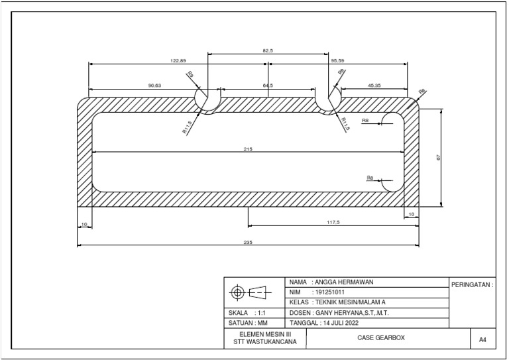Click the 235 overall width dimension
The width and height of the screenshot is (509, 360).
click(x=248, y=243)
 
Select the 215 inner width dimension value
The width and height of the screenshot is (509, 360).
click(x=248, y=149)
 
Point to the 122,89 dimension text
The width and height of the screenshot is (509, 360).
click(x=178, y=61)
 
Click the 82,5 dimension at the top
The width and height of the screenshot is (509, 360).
click(x=268, y=50)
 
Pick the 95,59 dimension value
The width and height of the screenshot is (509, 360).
click(x=337, y=61)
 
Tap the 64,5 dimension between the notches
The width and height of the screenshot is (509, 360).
click(x=268, y=86)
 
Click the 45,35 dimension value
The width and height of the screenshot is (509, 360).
click(x=374, y=86)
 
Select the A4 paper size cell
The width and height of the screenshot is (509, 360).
click(x=482, y=339)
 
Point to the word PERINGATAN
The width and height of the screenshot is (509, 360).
click(x=472, y=284)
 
